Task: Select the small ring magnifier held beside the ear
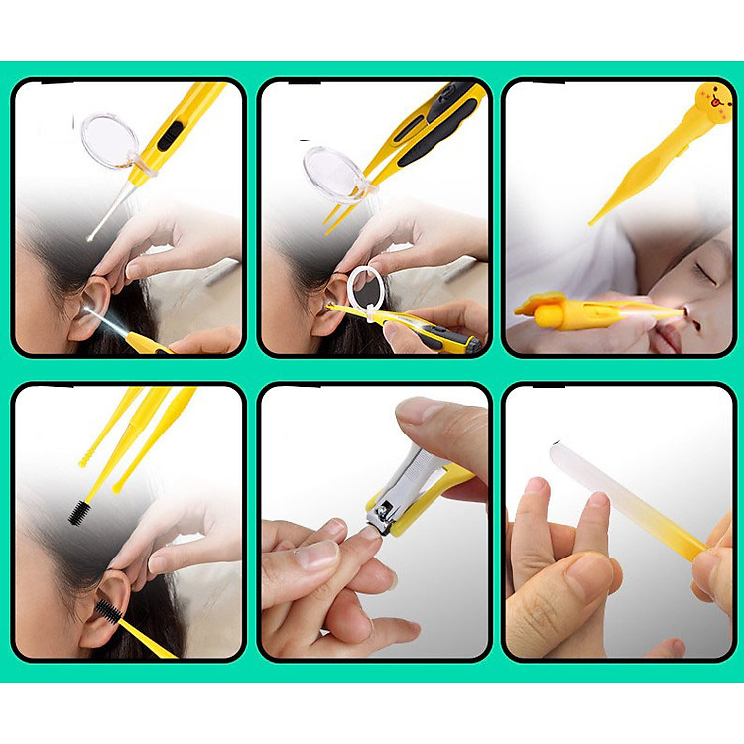pyautogui.click(x=366, y=289)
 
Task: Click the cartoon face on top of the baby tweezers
pyautogui.click(x=715, y=100)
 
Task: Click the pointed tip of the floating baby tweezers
pyautogui.click(x=594, y=221)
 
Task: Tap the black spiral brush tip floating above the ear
pyautogui.click(x=78, y=511)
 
